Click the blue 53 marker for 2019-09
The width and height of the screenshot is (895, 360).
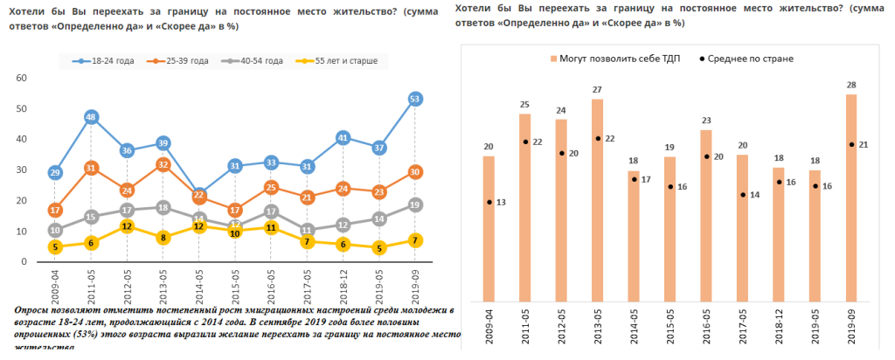point(416,99)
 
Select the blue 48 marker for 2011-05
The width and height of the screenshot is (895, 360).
point(91,117)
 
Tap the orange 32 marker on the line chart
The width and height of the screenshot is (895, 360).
point(163,164)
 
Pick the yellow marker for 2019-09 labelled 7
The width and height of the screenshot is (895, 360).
point(416,240)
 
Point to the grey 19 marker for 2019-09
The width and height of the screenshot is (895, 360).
point(416,204)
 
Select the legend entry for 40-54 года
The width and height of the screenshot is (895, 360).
point(254,61)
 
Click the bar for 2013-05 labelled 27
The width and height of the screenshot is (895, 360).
point(597,200)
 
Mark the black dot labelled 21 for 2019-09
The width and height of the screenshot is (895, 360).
point(851,144)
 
